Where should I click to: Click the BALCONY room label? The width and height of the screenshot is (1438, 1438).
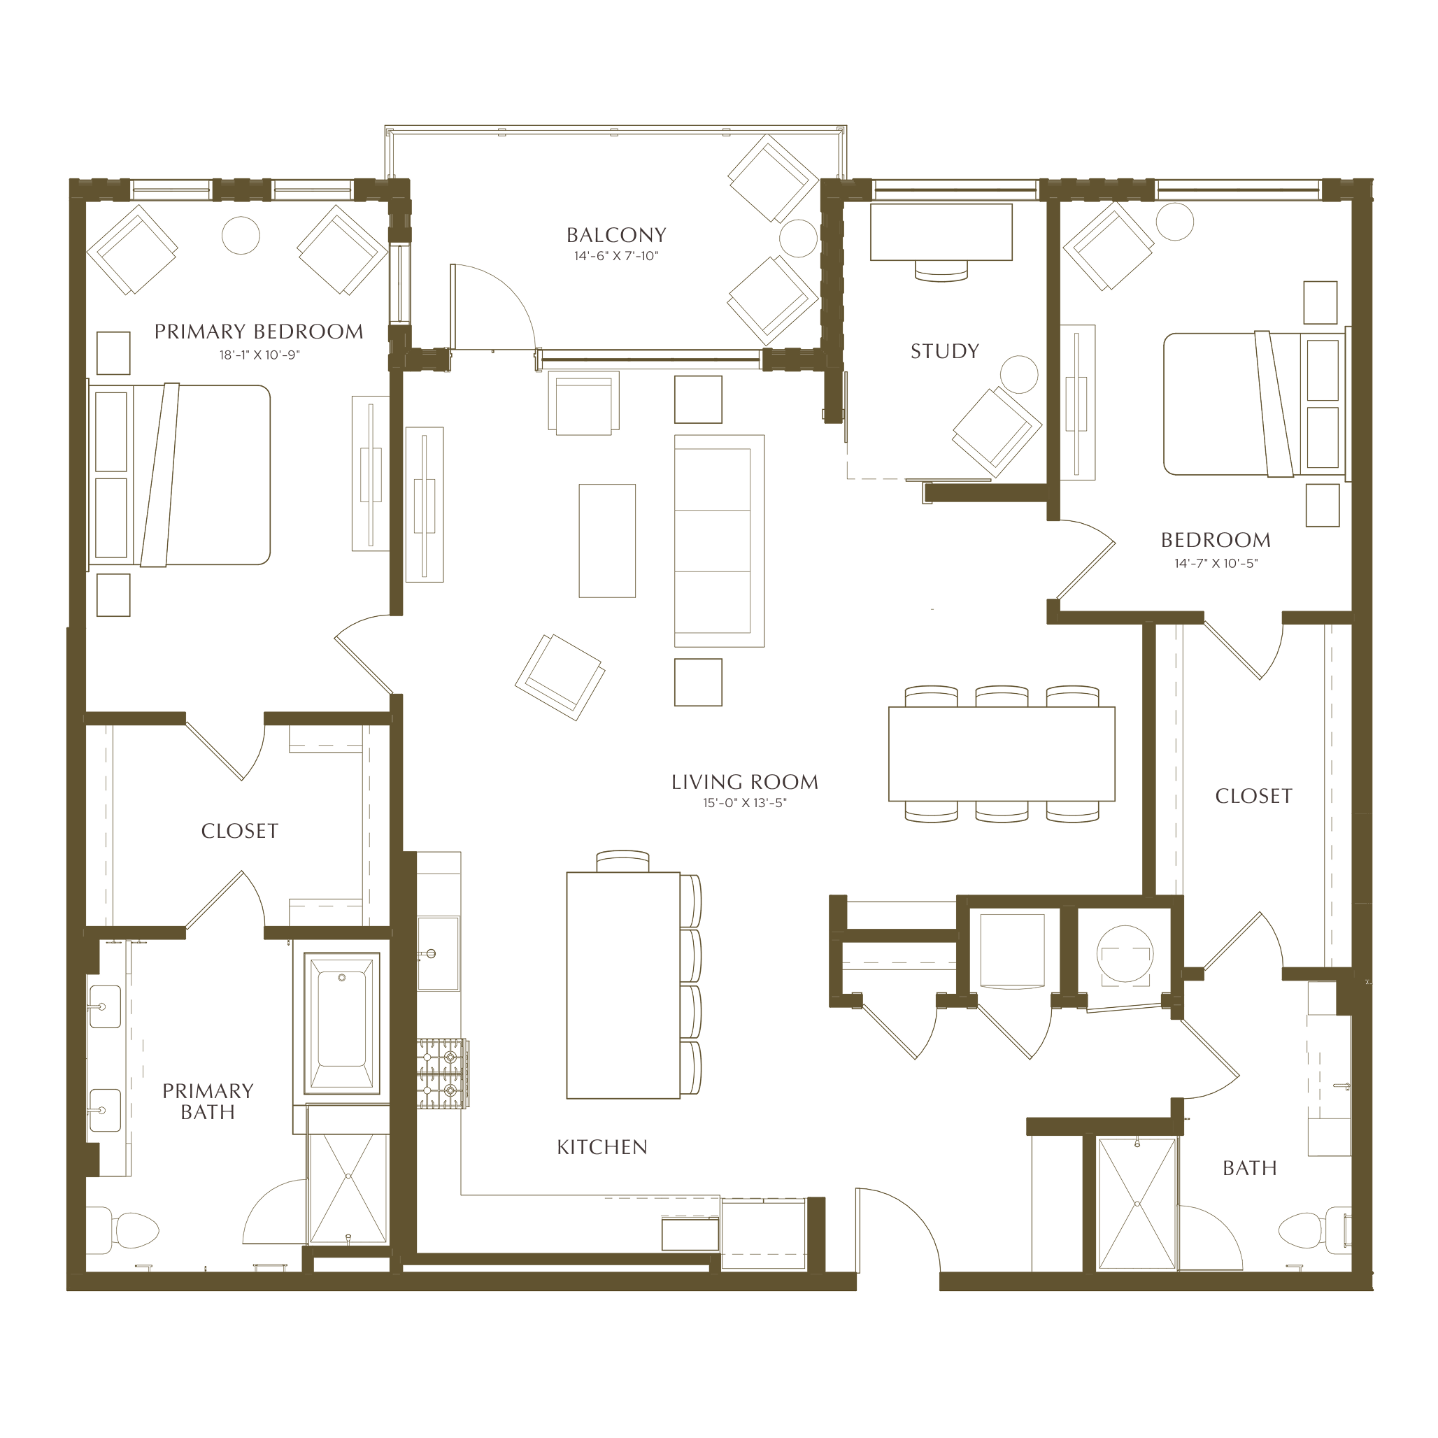click(616, 235)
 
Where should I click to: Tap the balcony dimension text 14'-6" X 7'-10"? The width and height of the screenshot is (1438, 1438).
click(616, 256)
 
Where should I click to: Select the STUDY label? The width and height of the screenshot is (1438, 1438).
click(944, 351)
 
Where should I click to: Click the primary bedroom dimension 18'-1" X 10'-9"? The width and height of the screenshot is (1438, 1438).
click(259, 355)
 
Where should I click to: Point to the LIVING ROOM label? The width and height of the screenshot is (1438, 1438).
click(744, 782)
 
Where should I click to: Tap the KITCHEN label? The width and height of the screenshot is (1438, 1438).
click(602, 1147)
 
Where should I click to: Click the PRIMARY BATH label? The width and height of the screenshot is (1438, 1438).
click(208, 1102)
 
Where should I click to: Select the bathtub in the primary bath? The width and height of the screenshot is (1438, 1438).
click(341, 1023)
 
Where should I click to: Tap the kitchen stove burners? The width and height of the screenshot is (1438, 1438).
click(442, 1074)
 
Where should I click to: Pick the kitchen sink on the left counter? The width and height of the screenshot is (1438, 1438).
click(438, 953)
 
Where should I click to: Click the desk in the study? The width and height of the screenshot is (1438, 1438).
click(941, 232)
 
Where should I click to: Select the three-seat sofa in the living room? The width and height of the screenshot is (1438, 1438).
click(719, 541)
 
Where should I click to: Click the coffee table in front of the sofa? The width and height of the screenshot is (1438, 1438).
click(607, 541)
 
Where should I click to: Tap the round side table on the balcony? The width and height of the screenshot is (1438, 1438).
click(799, 239)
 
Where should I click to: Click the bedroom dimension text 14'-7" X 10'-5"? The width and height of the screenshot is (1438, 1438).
click(1216, 564)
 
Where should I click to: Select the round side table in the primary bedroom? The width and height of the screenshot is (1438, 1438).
click(241, 234)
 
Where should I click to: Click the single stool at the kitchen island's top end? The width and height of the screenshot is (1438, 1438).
click(623, 861)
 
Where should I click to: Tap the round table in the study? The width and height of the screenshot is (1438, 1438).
click(1019, 373)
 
